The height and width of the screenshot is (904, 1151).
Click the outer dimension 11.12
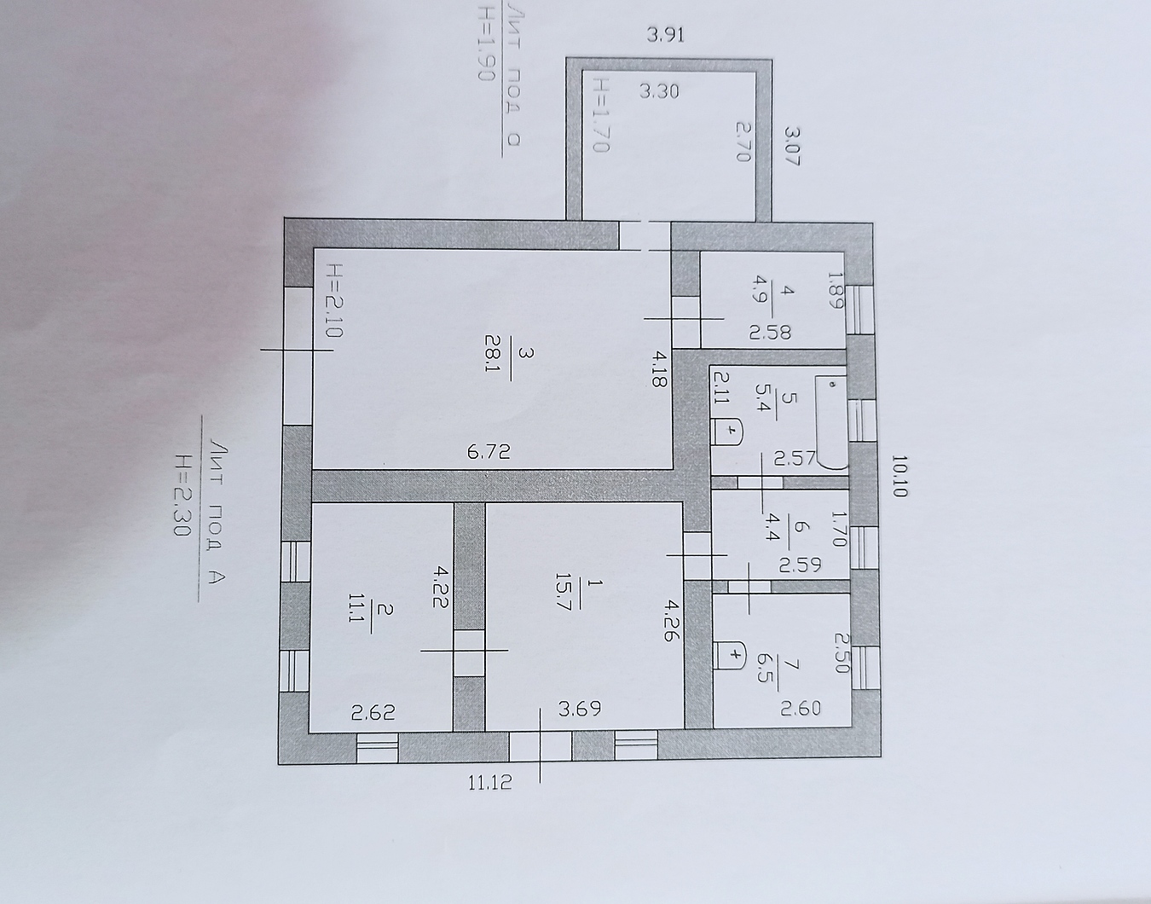490,783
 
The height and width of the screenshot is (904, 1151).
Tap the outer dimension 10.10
899,476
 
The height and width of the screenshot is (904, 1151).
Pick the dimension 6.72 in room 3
489,452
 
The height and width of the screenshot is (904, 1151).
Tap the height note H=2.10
335,300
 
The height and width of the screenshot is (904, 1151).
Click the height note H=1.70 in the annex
600,115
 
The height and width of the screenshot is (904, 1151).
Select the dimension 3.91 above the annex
666,35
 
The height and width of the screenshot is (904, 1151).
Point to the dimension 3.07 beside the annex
791,146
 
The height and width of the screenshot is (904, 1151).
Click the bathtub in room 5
831,422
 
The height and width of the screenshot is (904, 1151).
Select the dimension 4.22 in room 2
441,587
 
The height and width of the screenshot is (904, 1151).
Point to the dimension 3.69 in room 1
580,709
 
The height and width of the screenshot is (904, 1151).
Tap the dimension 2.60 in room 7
801,708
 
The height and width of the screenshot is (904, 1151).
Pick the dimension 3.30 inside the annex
659,91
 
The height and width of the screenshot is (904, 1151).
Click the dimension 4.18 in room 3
657,370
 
